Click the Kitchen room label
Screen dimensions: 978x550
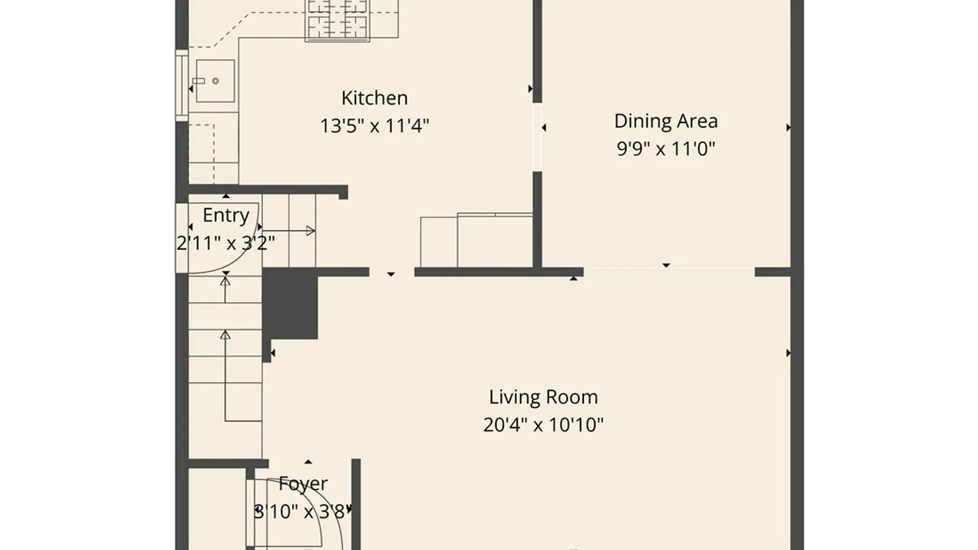pos(374,98)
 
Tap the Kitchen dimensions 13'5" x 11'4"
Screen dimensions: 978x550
pos(374,125)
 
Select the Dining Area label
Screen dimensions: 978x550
pos(666,121)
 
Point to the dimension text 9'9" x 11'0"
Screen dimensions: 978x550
pos(666,149)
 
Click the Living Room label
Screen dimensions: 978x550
pos(544,397)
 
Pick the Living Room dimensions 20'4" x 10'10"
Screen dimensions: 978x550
pos(544,425)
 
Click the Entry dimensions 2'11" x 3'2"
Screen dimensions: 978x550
pos(226,243)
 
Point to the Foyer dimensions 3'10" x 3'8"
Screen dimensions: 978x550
pos(303,511)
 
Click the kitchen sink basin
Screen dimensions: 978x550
pos(215,81)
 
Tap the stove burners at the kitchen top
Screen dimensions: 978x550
pos(337,20)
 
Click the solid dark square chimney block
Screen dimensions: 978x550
pos(290,304)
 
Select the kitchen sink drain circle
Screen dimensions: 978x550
pos(215,81)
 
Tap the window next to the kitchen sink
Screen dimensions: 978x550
pos(182,86)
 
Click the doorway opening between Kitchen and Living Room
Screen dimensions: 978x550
pos(392,272)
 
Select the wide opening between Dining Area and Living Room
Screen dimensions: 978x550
pos(669,272)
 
